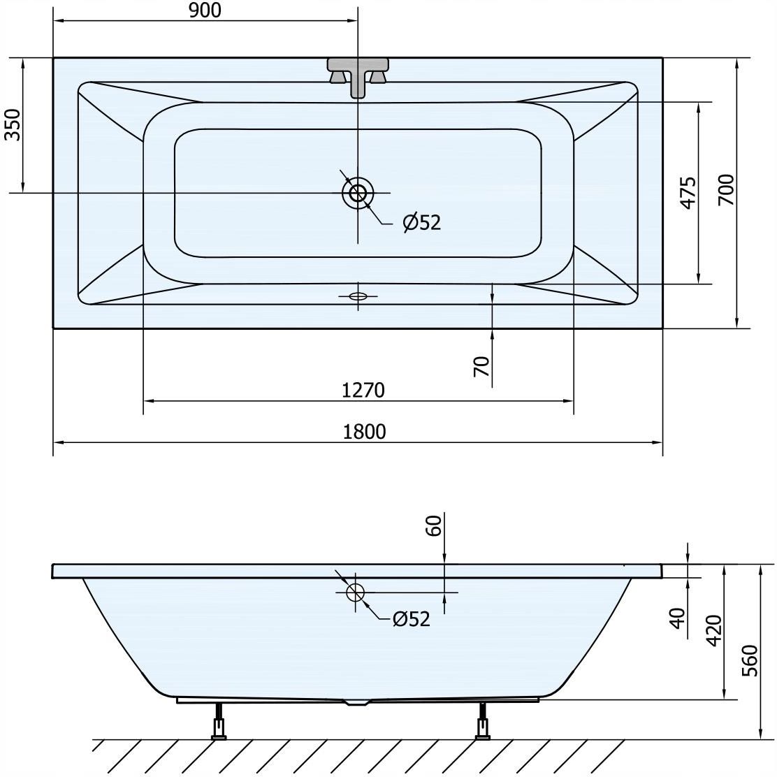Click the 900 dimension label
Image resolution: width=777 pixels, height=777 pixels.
[x=205, y=10]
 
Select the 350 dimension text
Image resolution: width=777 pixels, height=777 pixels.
[x=13, y=124]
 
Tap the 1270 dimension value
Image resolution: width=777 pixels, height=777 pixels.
[x=363, y=391]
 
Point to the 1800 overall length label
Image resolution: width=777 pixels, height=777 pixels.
[x=364, y=432]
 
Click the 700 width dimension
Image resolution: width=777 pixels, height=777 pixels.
[x=727, y=190]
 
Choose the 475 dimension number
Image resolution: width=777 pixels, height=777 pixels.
[x=688, y=193]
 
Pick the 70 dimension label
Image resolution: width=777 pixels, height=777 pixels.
[x=481, y=367]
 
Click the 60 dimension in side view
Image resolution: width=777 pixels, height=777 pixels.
[x=433, y=525]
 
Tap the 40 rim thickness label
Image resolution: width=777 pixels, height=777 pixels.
[x=677, y=618]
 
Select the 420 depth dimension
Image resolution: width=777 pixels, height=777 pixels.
[x=714, y=631]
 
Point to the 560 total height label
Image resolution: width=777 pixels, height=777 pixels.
[x=750, y=660]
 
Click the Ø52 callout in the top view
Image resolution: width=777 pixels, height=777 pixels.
[x=422, y=222]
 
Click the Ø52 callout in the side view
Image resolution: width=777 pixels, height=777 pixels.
[x=411, y=619]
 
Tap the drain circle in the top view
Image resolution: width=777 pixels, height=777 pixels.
[x=358, y=192]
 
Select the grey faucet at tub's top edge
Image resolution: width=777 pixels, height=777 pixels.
[x=358, y=77]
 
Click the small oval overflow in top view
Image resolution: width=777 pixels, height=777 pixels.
[x=358, y=296]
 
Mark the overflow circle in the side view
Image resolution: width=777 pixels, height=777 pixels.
[x=355, y=592]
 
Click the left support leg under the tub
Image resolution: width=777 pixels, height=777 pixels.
[x=219, y=722]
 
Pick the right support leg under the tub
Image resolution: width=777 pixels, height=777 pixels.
[x=482, y=722]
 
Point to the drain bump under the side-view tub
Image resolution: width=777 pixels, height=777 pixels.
[x=358, y=702]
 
